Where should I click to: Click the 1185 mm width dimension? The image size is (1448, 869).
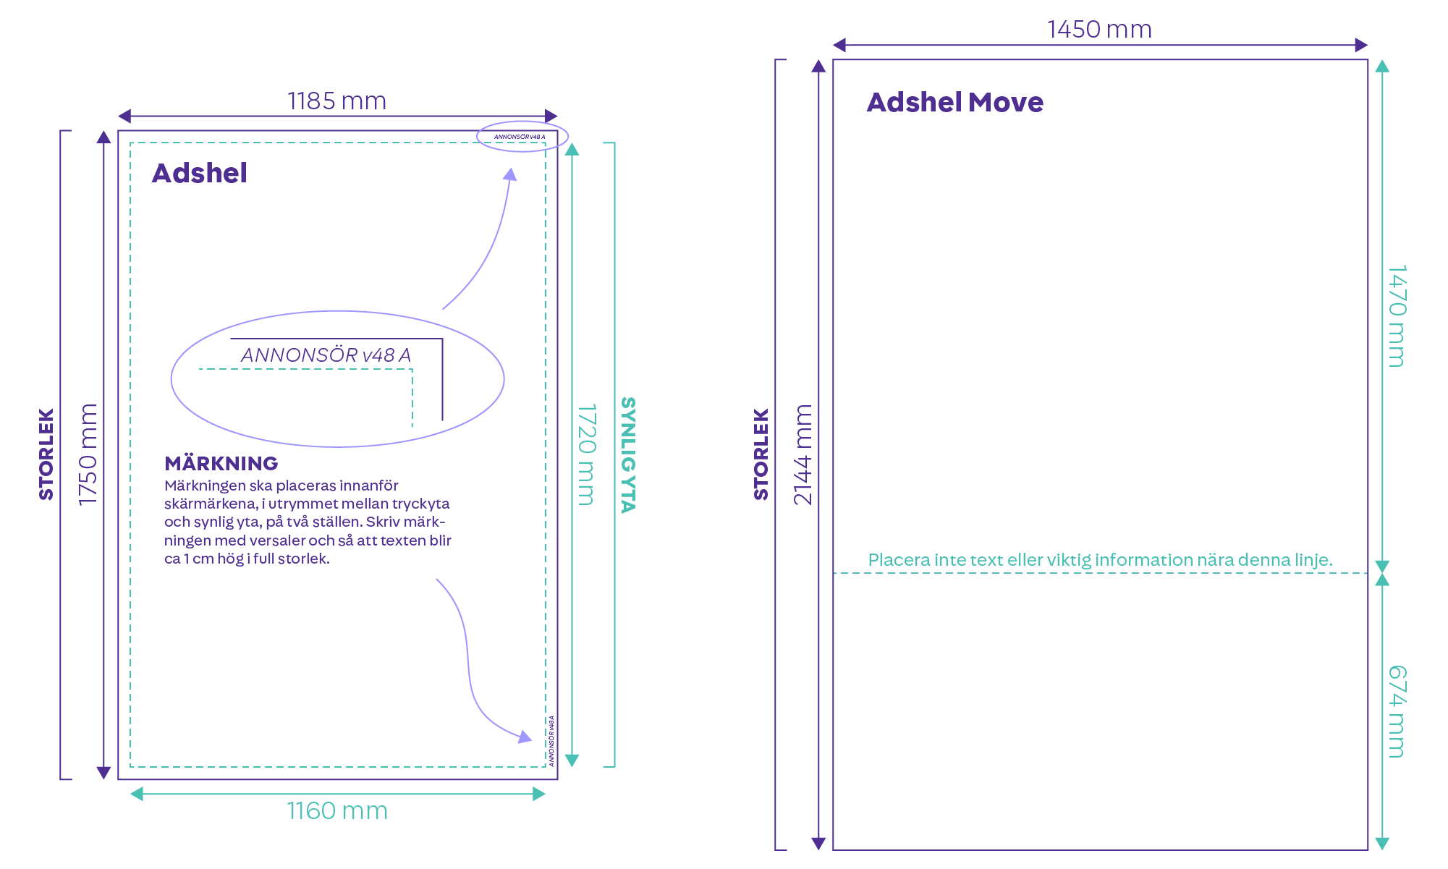[x=337, y=101]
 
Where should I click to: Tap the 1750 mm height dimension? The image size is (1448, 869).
[x=88, y=454]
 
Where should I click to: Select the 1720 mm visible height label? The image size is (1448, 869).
[x=586, y=454]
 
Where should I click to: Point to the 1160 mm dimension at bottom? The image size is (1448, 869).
[x=337, y=811]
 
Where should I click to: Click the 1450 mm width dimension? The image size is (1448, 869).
[x=1099, y=30]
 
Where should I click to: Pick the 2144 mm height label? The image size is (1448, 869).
[x=803, y=454]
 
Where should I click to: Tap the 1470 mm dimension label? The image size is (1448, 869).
[x=1397, y=316]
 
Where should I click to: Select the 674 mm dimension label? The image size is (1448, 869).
[x=1397, y=711]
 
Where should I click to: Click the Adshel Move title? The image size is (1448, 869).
[x=955, y=103]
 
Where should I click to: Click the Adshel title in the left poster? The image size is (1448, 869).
[x=200, y=174]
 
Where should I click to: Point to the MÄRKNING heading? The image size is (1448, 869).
[x=221, y=463]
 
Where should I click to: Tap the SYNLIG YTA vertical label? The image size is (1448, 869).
[x=628, y=454]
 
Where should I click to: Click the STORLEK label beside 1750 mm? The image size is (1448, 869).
[x=46, y=454]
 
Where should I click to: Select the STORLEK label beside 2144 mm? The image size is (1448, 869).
[x=761, y=454]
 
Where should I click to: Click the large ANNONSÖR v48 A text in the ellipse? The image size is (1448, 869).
[x=326, y=355]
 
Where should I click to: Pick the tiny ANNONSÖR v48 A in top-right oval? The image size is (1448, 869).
[x=520, y=137]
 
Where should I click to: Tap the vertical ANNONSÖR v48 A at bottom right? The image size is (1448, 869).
[x=551, y=741]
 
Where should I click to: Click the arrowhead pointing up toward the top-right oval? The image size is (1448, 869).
[x=511, y=174]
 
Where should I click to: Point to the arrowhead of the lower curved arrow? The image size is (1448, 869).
[x=525, y=737]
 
